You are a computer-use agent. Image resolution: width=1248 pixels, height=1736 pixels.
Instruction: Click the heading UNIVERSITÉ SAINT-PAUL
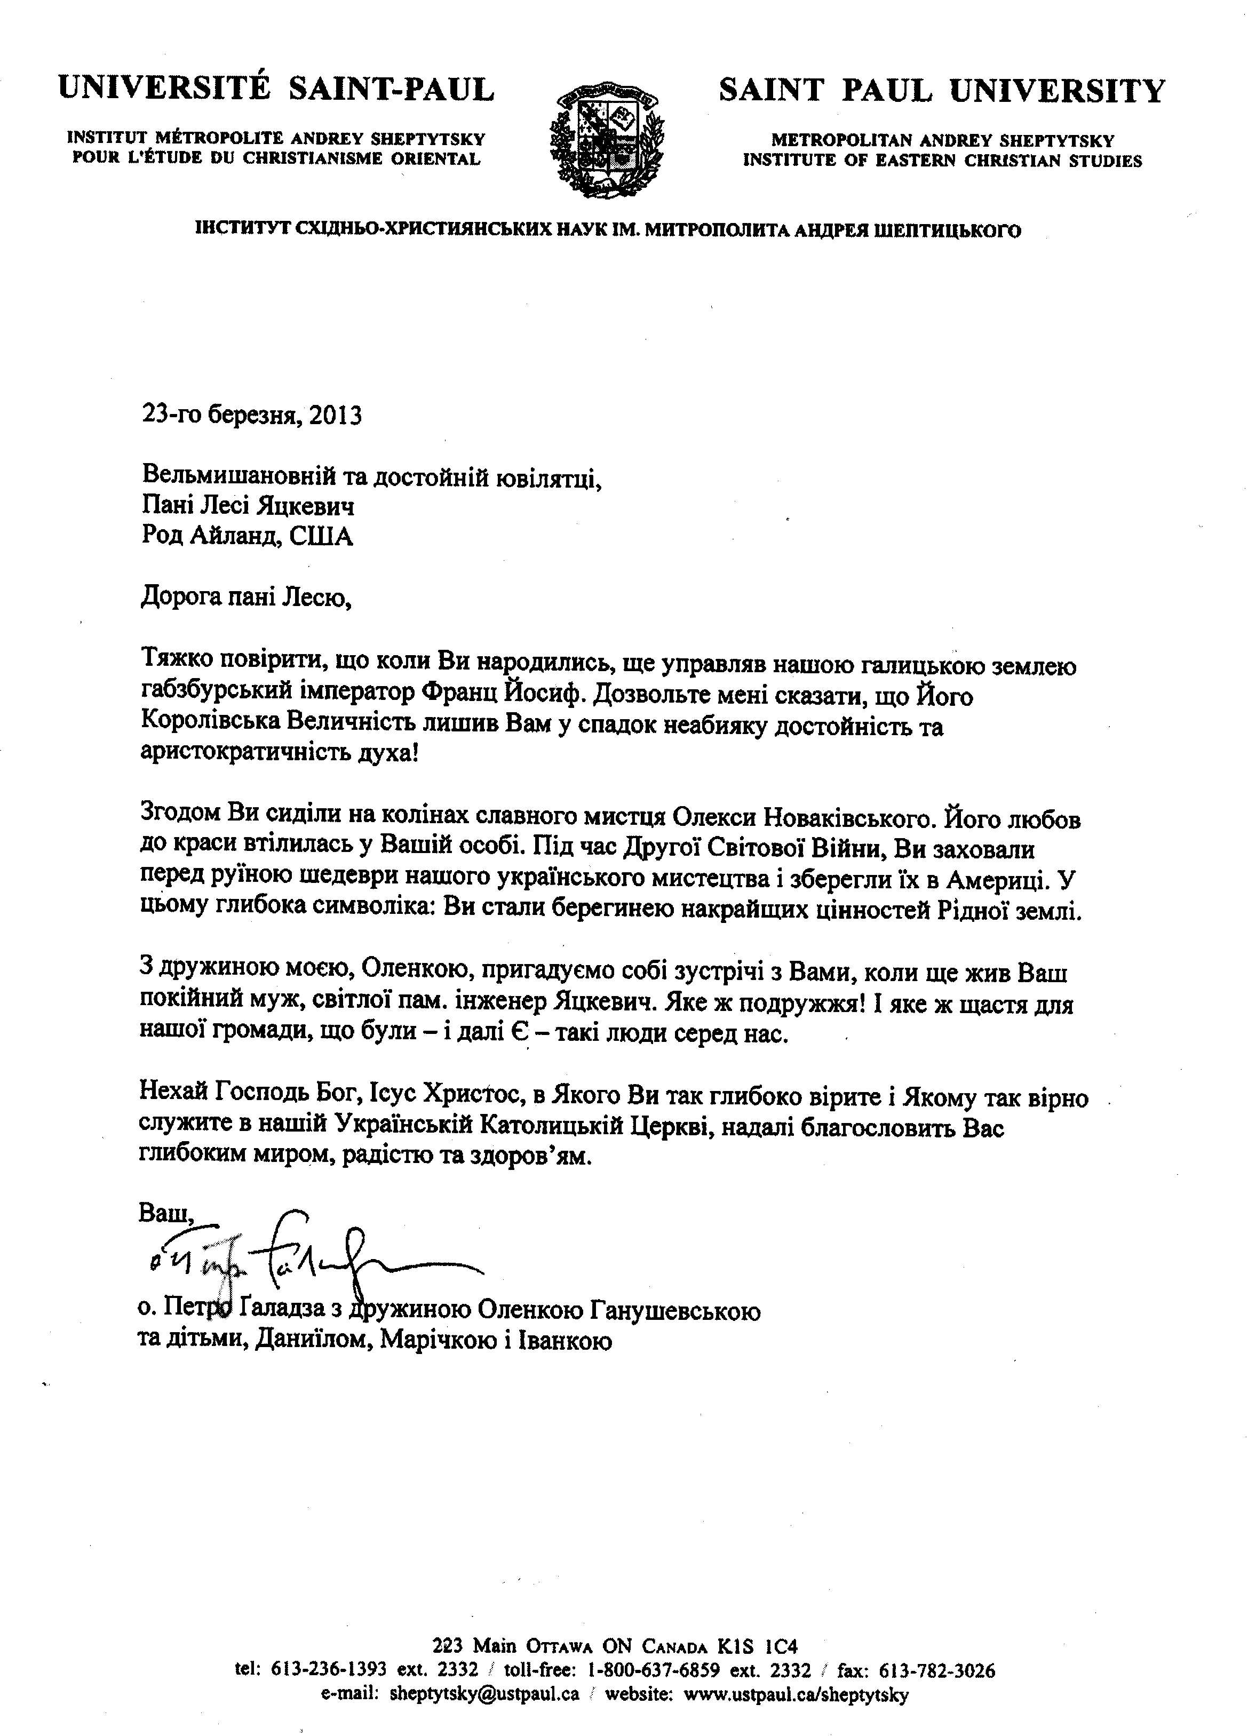tap(276, 90)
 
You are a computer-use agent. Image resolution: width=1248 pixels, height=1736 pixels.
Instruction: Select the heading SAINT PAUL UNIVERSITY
tap(942, 91)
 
